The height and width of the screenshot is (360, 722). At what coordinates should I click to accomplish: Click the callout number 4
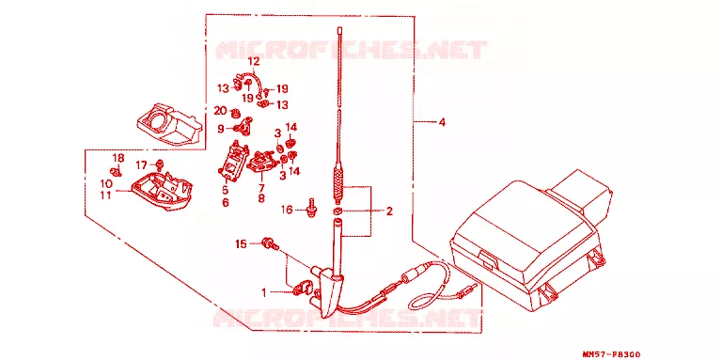click(442, 122)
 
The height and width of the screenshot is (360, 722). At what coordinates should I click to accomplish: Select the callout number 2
click(389, 211)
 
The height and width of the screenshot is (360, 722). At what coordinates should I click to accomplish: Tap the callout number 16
click(287, 210)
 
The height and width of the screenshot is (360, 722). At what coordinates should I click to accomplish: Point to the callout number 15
click(242, 244)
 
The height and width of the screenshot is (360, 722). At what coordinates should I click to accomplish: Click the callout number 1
click(264, 292)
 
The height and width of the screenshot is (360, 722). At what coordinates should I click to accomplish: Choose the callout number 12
click(254, 61)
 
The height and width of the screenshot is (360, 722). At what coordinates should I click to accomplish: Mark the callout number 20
click(221, 111)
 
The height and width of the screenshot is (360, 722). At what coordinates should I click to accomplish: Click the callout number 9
click(221, 129)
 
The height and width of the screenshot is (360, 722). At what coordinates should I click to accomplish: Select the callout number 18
click(118, 158)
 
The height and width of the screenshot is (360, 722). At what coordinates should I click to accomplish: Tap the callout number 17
click(141, 164)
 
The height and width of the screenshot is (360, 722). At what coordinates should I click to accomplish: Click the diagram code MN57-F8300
click(611, 354)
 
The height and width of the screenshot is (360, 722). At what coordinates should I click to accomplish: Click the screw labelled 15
click(271, 243)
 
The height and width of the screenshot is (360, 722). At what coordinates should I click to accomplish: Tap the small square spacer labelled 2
click(337, 211)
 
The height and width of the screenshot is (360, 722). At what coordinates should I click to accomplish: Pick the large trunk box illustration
click(530, 241)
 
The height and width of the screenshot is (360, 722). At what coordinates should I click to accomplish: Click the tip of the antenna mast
click(338, 28)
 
